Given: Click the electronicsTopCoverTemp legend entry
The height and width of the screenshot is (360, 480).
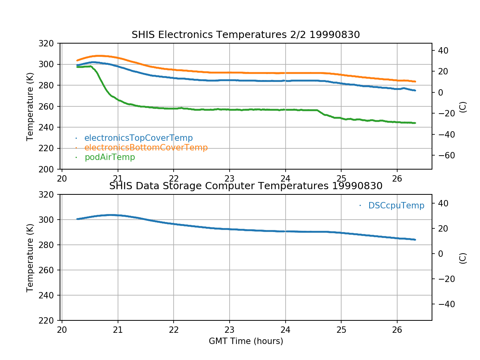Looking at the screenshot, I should pyautogui.click(x=138, y=138).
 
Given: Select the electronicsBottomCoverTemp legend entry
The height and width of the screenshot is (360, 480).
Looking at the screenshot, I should pyautogui.click(x=146, y=148).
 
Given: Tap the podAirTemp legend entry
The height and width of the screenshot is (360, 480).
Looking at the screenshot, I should pyautogui.click(x=110, y=157).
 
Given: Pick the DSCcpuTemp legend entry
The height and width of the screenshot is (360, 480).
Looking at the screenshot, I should pyautogui.click(x=396, y=206).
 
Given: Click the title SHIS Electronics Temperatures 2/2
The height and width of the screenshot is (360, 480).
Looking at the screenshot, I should pyautogui.click(x=246, y=35).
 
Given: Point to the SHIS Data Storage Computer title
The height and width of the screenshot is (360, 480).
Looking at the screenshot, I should pyautogui.click(x=246, y=186).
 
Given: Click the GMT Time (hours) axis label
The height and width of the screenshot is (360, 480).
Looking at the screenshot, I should pyautogui.click(x=246, y=341).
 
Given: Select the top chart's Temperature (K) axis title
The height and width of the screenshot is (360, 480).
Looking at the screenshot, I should pyautogui.click(x=30, y=106).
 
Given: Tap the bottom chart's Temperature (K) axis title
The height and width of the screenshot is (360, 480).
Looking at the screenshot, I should pyautogui.click(x=30, y=258).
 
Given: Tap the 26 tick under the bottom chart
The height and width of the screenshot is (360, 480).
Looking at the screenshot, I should pyautogui.click(x=397, y=329).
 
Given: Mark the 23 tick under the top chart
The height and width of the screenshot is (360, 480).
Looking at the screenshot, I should pyautogui.click(x=229, y=178).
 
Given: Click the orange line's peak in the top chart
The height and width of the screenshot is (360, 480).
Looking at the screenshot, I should pyautogui.click(x=98, y=56).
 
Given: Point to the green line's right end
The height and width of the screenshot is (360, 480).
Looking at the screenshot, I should pyautogui.click(x=415, y=123).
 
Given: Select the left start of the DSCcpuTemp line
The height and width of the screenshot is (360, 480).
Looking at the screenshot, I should pyautogui.click(x=77, y=219).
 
